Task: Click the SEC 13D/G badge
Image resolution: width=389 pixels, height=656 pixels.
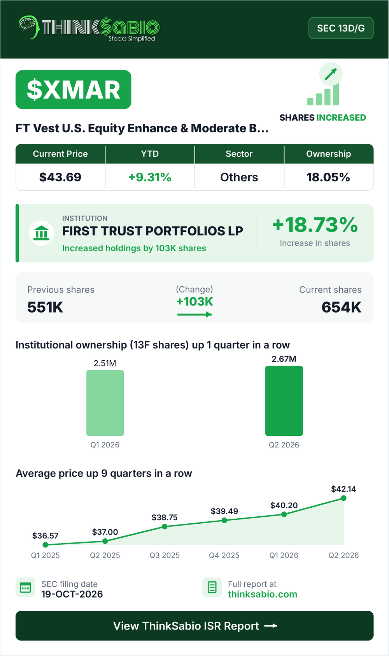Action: click(341, 28)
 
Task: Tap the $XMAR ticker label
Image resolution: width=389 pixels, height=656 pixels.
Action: click(73, 89)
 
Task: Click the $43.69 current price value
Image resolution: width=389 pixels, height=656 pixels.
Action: click(60, 177)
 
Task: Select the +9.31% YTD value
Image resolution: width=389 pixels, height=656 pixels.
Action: click(149, 177)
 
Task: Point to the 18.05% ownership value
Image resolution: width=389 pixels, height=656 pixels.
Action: click(328, 177)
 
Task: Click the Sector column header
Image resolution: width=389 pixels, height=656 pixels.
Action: click(239, 154)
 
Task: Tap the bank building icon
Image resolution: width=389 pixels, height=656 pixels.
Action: click(41, 233)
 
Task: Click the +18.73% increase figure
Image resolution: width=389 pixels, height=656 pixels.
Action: click(315, 225)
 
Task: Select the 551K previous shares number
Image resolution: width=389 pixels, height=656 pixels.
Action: click(45, 307)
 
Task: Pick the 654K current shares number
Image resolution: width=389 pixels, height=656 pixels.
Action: click(341, 307)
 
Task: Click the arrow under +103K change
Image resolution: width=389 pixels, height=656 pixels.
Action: click(194, 314)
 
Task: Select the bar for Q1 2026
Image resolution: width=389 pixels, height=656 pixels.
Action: click(105, 403)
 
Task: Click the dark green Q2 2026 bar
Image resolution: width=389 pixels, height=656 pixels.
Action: click(284, 401)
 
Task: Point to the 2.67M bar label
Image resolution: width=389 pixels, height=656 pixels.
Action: click(284, 359)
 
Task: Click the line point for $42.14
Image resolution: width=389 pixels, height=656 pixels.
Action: click(343, 498)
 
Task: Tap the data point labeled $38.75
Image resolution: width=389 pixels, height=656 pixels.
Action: click(165, 526)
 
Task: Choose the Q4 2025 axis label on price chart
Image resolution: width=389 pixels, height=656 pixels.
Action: click(224, 555)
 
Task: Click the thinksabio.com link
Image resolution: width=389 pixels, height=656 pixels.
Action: click(263, 594)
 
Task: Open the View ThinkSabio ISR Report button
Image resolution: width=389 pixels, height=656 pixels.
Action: click(194, 626)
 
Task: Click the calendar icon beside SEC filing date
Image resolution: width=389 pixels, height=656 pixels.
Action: click(25, 588)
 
